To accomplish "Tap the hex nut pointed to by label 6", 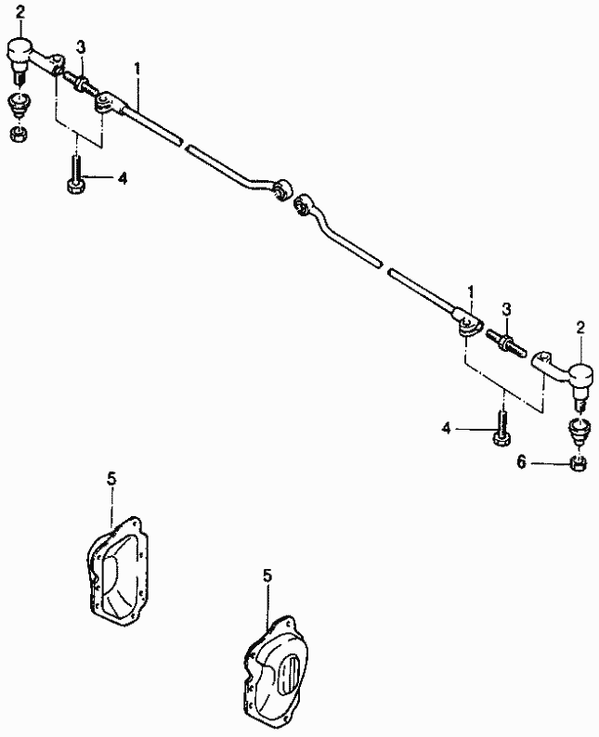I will pyautogui.click(x=577, y=462).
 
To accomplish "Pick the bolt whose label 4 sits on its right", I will pyautogui.click(x=75, y=176).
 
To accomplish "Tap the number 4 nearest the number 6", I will pyautogui.click(x=446, y=428).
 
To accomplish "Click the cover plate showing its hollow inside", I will pyautogui.click(x=118, y=567).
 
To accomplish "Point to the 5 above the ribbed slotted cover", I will pyautogui.click(x=267, y=575).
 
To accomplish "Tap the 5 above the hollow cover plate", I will pyautogui.click(x=111, y=478).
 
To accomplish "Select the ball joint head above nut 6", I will pyautogui.click(x=579, y=376).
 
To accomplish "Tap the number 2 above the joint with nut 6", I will pyautogui.click(x=580, y=327).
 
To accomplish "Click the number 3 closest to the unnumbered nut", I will pyautogui.click(x=81, y=46).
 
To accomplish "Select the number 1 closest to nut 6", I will pyautogui.click(x=471, y=291).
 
